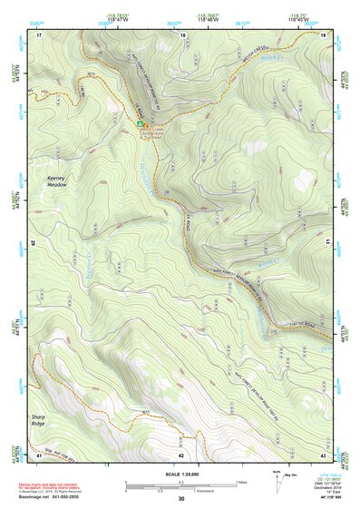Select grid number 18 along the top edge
tap(182, 34)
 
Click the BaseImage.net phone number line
tap(50, 497)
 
